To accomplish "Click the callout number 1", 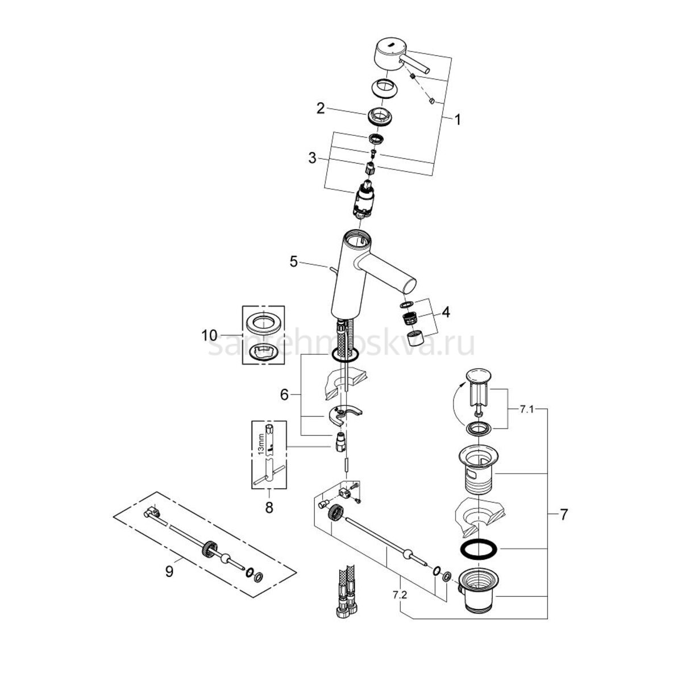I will pos(457,120).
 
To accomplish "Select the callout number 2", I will pos(321,108).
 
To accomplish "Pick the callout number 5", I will pos(293,261).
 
